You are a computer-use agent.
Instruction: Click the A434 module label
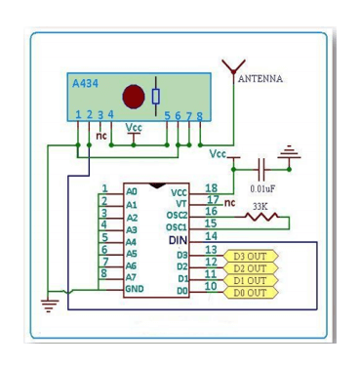point(86,84)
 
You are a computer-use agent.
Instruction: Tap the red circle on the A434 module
point(134,97)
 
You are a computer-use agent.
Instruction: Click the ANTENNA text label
point(260,79)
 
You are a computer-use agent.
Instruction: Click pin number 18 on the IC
point(210,187)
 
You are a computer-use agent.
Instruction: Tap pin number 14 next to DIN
point(210,236)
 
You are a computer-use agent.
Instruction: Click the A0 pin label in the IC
point(132,192)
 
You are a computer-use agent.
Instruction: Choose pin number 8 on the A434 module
point(200,116)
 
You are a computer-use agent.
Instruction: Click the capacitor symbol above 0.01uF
point(261,167)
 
